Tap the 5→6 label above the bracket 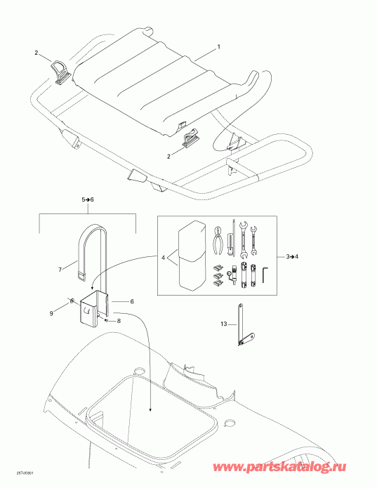86,200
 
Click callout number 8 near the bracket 119,322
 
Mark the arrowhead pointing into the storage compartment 152,408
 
